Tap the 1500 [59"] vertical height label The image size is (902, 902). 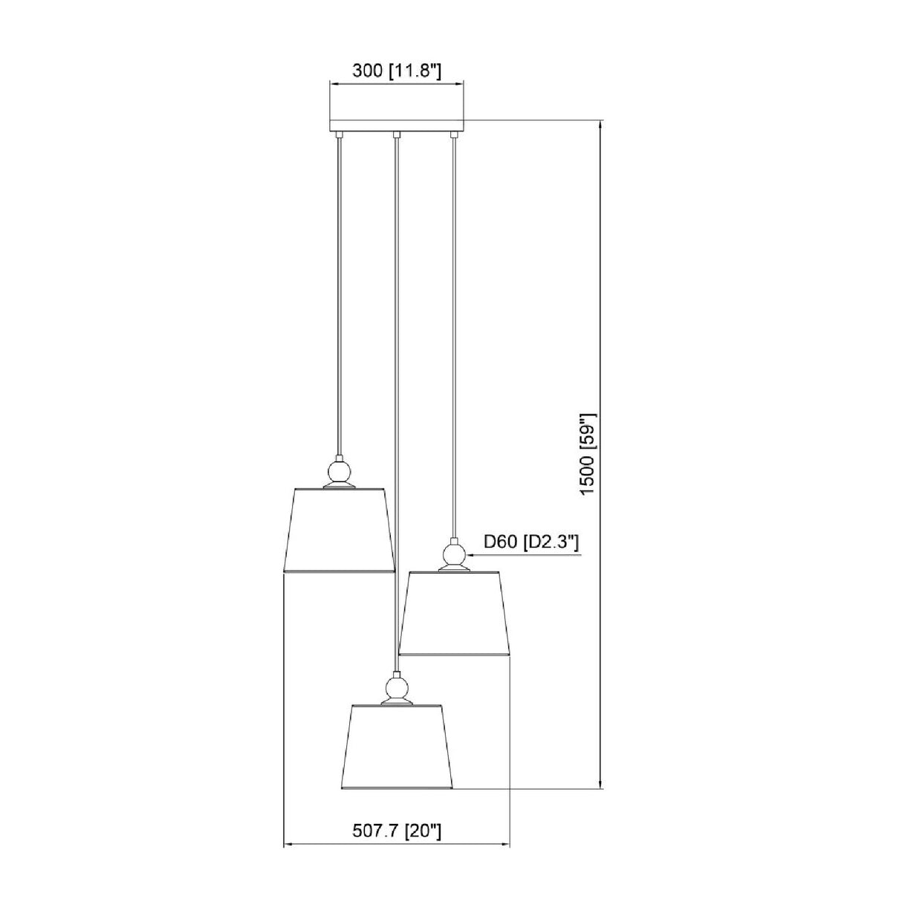pos(588,452)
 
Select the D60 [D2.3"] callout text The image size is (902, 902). pos(531,543)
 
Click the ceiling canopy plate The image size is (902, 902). pos(396,126)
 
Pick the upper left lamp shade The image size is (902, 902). pos(339,530)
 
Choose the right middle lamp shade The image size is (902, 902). pos(453,613)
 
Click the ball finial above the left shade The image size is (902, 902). pos(339,473)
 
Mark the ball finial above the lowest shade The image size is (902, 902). pos(396,687)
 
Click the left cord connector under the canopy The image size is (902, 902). pos(339,134)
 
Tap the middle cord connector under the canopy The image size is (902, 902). pos(396,134)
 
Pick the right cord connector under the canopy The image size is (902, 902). pos(453,134)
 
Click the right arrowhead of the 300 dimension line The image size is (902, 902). pos(460,85)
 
